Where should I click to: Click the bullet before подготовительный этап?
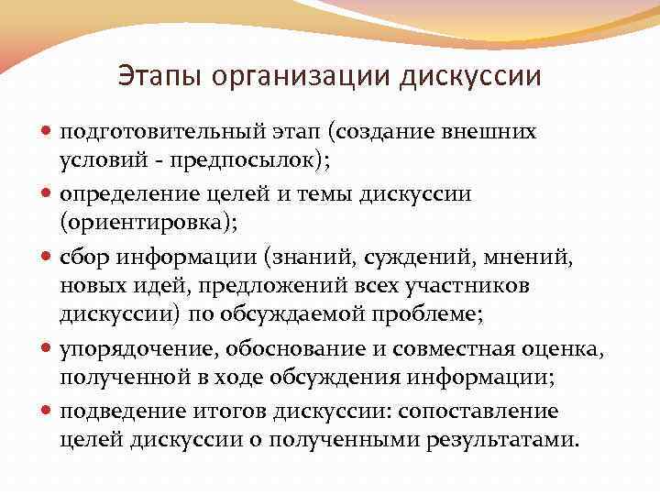tap(49, 132)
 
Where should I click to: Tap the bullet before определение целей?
tap(49, 194)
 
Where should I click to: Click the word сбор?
tap(85, 257)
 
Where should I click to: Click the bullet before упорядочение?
tap(49, 348)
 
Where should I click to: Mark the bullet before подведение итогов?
tap(49, 411)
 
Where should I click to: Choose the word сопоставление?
tap(479, 411)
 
